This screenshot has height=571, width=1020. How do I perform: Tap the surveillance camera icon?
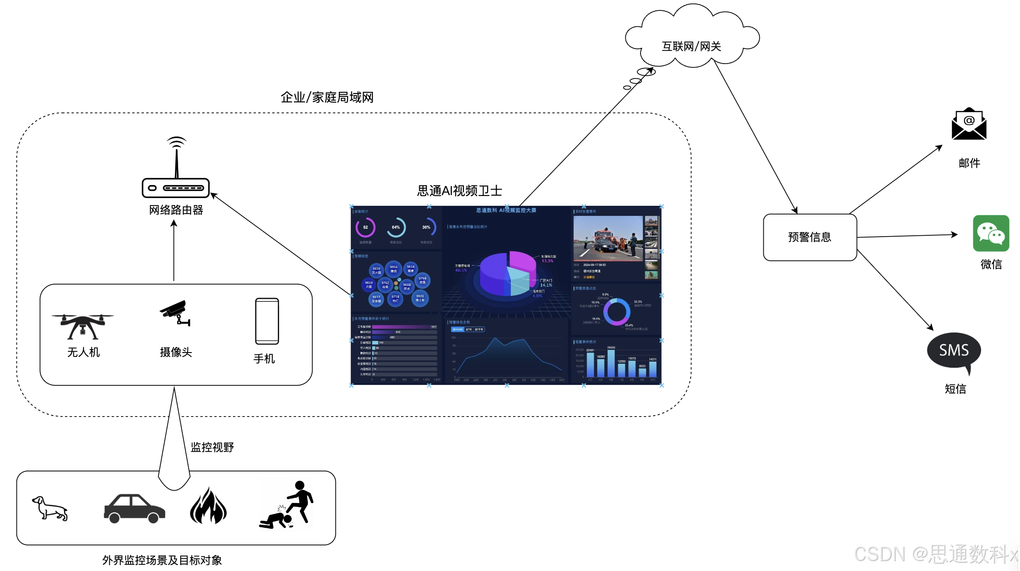coord(175,313)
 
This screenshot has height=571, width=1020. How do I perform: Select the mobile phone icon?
coord(267,321)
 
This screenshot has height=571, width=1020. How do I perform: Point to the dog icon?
coord(50,508)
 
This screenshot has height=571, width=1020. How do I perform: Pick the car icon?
coord(134,508)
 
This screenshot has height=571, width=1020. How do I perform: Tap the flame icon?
coord(208,506)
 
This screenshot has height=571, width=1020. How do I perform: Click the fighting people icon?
coord(287,505)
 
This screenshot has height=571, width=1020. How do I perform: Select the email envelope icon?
coord(969,124)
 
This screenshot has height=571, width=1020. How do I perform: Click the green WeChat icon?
coord(991,233)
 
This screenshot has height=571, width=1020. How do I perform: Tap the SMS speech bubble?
coord(954,351)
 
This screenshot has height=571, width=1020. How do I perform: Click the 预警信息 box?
coord(810,237)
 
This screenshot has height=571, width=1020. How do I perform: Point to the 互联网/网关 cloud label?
coord(691,46)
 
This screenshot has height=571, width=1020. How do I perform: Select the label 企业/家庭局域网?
coord(327,97)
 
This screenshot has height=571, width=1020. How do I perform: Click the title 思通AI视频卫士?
coord(459,191)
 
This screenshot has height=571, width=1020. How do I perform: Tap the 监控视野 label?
coord(212,447)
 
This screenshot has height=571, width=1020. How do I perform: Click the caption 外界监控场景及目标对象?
coord(162,560)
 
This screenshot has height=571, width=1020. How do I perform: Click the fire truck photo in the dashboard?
coord(608,238)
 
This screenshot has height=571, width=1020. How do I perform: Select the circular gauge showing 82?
coord(365,228)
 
